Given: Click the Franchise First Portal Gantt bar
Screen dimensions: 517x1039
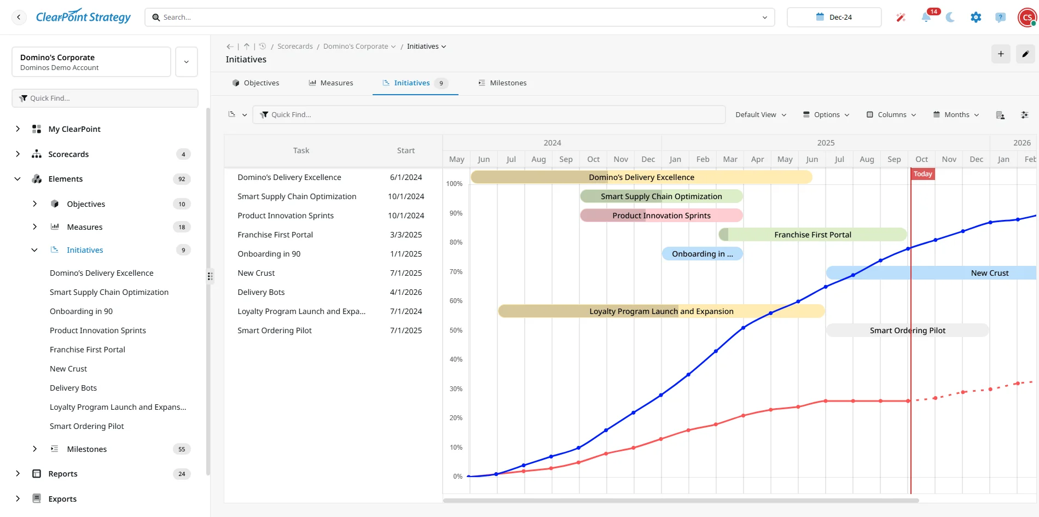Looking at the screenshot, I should click(x=812, y=235).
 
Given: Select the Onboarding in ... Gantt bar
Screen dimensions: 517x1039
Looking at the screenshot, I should click(x=702, y=254).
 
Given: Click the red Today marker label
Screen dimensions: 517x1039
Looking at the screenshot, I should click(x=922, y=174).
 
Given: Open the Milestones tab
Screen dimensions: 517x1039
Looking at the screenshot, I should click(x=502, y=83).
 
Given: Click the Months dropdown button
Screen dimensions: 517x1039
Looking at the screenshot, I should click(x=956, y=115).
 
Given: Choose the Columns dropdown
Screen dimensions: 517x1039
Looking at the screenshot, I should click(x=891, y=115).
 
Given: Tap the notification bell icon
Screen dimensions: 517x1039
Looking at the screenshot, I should click(x=926, y=18).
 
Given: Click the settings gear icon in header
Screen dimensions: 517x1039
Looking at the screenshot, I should click(x=976, y=18).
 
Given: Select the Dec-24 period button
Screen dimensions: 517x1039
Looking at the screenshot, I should click(x=834, y=18).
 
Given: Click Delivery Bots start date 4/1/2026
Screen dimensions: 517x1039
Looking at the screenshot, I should click(x=406, y=292).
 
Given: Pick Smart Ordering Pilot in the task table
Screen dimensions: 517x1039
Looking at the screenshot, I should click(x=275, y=330).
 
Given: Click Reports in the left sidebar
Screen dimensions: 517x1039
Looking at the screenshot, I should click(x=63, y=474).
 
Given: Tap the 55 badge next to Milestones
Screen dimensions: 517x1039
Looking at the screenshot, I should click(x=182, y=449).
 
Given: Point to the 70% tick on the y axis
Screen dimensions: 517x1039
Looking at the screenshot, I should click(x=456, y=272).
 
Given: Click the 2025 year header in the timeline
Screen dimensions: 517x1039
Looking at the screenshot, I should click(x=826, y=143).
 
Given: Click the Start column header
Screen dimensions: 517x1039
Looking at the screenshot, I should click(x=406, y=150).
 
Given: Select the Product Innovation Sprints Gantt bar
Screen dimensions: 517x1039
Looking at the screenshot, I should click(x=661, y=216).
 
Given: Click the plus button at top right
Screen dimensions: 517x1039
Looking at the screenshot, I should click(x=1001, y=54).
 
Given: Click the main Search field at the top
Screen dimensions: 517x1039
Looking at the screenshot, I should click(x=460, y=18).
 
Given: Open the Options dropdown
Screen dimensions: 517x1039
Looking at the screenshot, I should click(x=826, y=115).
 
